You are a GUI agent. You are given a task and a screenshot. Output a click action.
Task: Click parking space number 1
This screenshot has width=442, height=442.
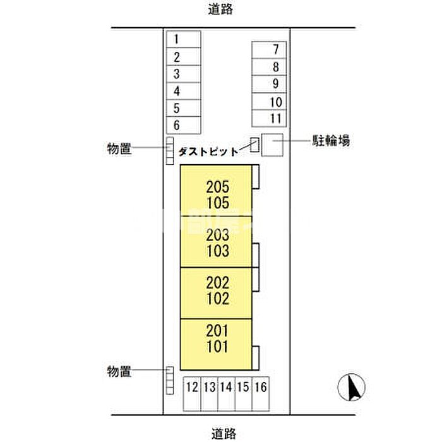[x=184, y=39]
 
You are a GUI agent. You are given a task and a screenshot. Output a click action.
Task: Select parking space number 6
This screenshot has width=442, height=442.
[x=184, y=125]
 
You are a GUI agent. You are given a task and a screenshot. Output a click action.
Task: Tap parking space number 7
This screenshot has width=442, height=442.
[x=269, y=50]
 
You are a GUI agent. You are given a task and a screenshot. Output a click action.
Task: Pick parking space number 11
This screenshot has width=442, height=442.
[x=269, y=119]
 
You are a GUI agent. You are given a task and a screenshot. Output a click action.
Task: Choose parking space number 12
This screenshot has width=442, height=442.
[x=192, y=394]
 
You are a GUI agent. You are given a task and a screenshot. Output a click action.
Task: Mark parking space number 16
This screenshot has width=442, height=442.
[x=261, y=394]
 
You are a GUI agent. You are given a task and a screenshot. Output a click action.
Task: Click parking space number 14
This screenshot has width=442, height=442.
[x=226, y=394]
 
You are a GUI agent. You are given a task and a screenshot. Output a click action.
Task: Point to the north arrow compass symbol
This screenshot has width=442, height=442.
[x=351, y=387]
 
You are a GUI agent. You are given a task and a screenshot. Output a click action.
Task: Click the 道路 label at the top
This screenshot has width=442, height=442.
[x=220, y=9]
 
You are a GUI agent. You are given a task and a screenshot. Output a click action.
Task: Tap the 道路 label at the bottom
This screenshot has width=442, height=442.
[x=224, y=434]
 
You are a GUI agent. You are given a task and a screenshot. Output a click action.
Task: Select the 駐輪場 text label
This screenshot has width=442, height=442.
[x=331, y=140]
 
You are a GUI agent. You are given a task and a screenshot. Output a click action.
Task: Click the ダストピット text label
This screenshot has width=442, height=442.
[x=208, y=152]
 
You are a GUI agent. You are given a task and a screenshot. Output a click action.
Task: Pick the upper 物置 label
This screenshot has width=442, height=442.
[x=119, y=148]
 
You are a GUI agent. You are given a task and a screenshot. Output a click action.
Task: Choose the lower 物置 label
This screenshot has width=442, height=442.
[x=119, y=371]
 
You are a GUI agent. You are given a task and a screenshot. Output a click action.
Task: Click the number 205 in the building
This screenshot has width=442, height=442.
[x=218, y=187]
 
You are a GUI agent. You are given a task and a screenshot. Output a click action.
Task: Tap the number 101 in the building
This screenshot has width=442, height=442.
[x=217, y=347]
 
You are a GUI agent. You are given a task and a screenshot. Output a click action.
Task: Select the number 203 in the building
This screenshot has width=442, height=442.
[x=218, y=235]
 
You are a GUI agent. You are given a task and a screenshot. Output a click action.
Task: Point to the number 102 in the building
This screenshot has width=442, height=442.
[x=218, y=299]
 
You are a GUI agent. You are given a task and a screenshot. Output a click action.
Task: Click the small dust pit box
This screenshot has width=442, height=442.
[x=255, y=145]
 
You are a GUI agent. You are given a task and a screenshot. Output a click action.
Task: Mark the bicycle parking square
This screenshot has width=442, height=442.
[x=272, y=145]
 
